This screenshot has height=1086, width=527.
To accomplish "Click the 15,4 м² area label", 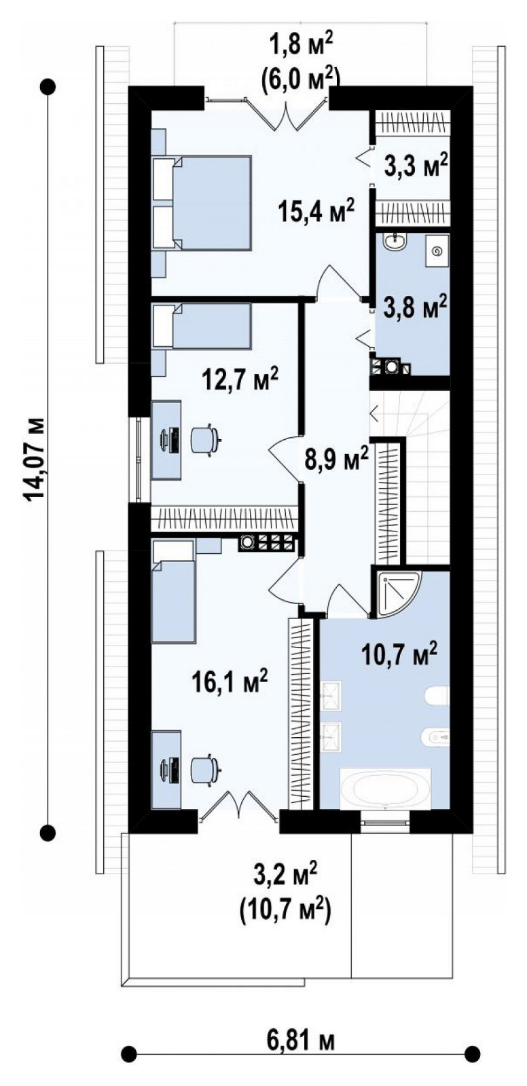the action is pos(316,211).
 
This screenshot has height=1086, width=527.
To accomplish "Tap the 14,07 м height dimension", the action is pos(35,457).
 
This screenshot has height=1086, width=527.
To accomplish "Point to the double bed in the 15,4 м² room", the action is pos(202,202).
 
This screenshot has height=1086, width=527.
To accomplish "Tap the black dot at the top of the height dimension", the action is pos(48,88).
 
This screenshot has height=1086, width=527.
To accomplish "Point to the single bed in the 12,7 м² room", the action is pos(202,325).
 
